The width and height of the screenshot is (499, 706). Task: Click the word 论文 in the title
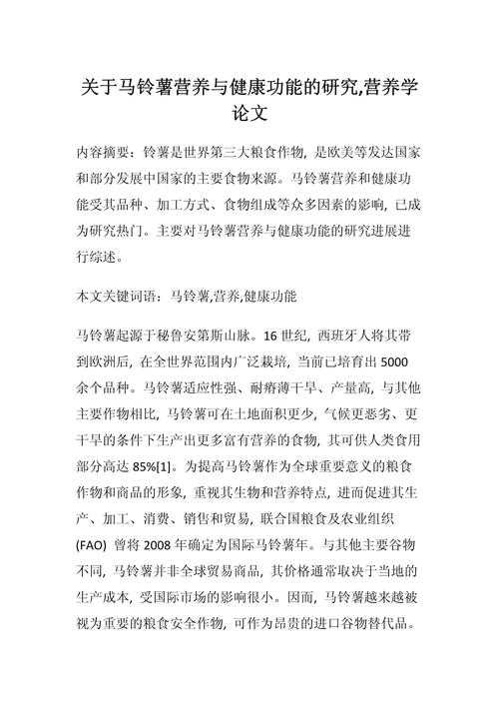249,114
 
